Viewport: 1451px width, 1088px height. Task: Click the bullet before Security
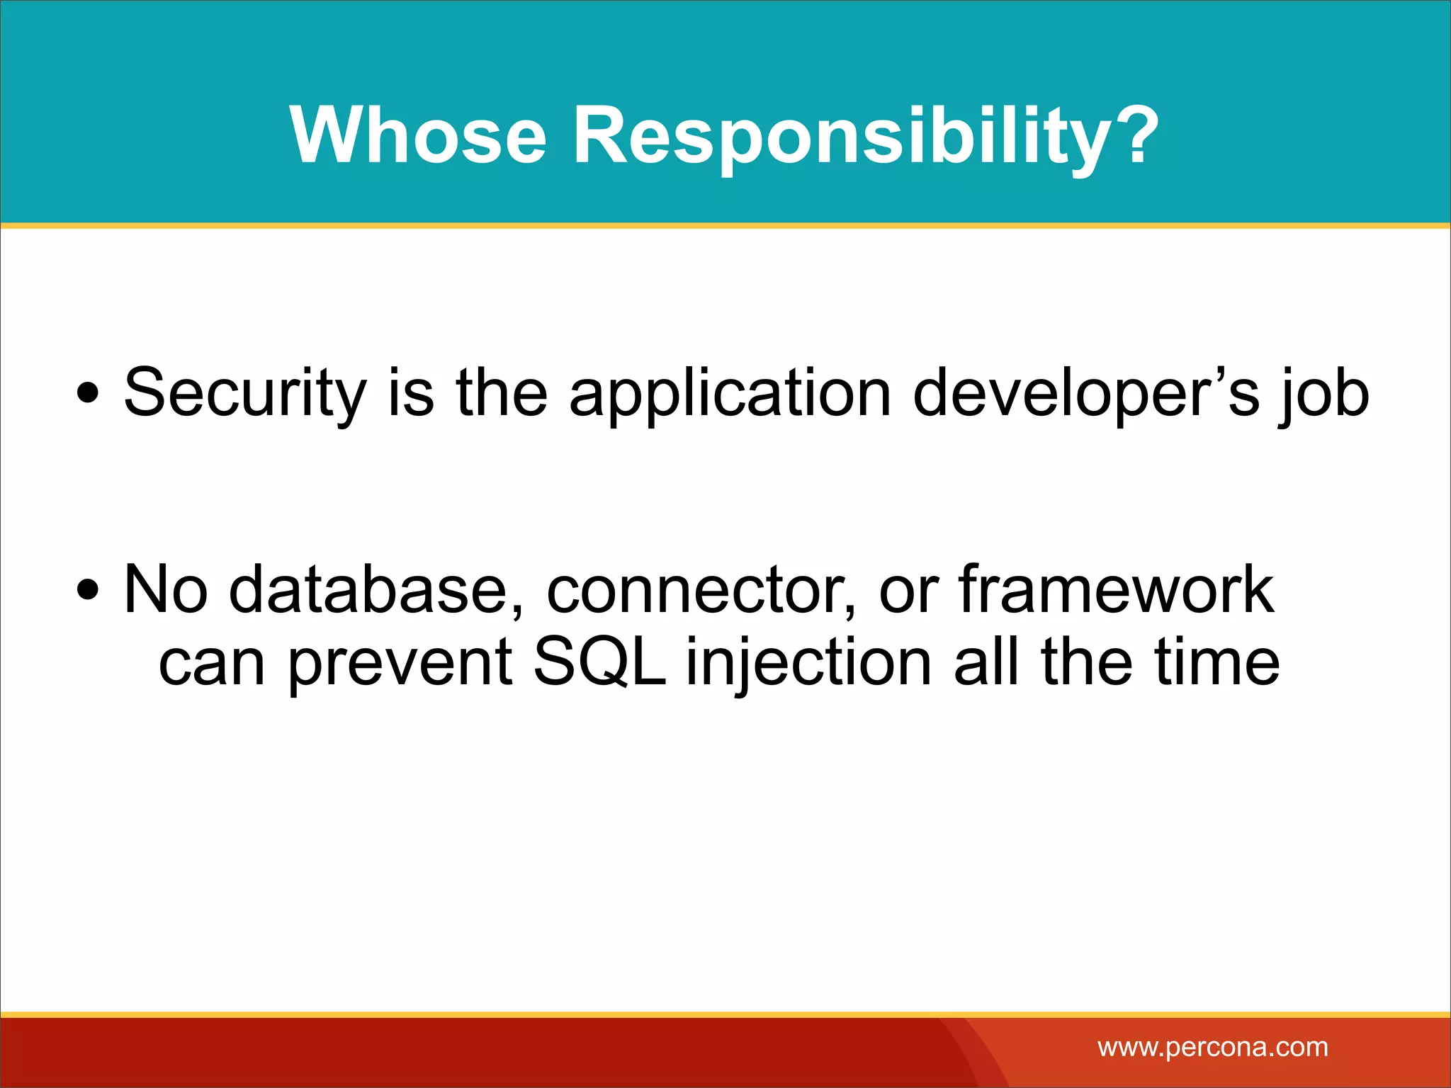(x=88, y=393)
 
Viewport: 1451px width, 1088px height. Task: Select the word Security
(x=245, y=393)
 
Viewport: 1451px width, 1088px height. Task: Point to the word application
(x=730, y=395)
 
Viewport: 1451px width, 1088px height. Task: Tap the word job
(x=1323, y=395)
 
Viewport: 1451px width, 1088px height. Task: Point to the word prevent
(x=400, y=664)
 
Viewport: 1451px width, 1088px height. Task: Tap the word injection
(x=808, y=664)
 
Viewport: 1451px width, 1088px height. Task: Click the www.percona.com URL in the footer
(x=1212, y=1047)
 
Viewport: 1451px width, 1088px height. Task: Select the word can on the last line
(x=211, y=664)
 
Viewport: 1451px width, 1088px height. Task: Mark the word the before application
(x=502, y=393)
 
